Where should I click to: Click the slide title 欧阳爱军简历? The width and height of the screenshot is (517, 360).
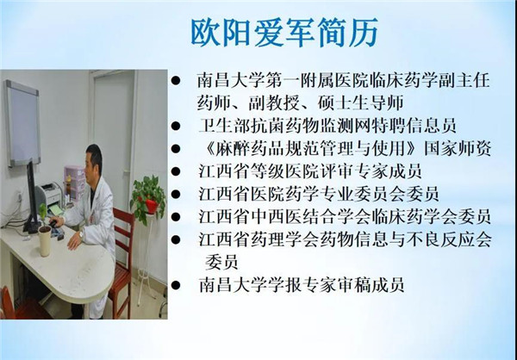coord(284,33)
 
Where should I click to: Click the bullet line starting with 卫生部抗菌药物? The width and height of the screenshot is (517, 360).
coord(327,126)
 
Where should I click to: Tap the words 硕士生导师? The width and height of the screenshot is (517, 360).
coord(360,102)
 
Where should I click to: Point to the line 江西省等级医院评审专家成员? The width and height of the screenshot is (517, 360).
coord(310,171)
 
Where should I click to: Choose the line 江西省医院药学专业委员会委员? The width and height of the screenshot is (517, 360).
coord(319,194)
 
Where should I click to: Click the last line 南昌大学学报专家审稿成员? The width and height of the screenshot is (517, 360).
coord(302,285)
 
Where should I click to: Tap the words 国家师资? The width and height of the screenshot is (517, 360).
coord(458,148)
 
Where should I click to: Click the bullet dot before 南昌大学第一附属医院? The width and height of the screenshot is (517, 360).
coord(176,81)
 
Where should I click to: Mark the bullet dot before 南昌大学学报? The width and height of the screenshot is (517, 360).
coord(176,285)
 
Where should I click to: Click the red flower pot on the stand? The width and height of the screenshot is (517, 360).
coord(152,206)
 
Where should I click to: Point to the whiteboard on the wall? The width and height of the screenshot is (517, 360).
coord(23,123)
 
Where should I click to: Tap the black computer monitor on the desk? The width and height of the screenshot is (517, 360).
coord(33,198)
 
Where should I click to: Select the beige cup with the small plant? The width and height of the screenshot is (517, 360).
coord(45,240)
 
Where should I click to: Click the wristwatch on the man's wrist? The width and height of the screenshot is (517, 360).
coord(82,234)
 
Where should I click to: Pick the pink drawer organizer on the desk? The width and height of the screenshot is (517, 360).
coord(75,182)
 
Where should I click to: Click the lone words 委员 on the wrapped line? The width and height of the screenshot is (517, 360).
coord(221,262)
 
